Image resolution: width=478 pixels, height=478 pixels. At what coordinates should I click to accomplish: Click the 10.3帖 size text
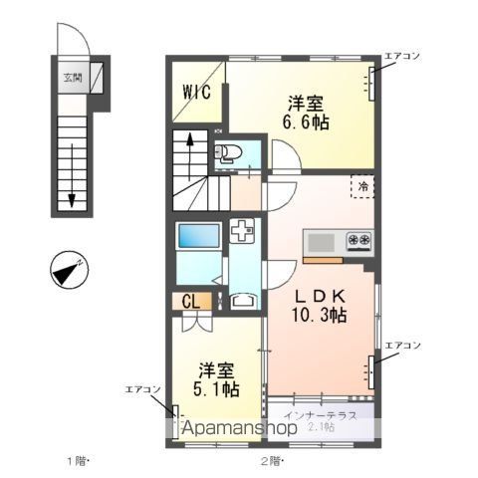320,316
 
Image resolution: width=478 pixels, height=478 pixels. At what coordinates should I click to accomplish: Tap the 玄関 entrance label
73,77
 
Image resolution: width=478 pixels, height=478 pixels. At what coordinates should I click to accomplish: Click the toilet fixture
227,153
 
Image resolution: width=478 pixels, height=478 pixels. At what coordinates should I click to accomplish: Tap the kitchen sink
322,243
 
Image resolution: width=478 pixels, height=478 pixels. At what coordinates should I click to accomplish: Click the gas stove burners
358,241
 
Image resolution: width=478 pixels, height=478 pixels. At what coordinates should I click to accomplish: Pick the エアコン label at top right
402,58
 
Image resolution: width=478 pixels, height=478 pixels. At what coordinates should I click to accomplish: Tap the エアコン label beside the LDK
402,345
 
